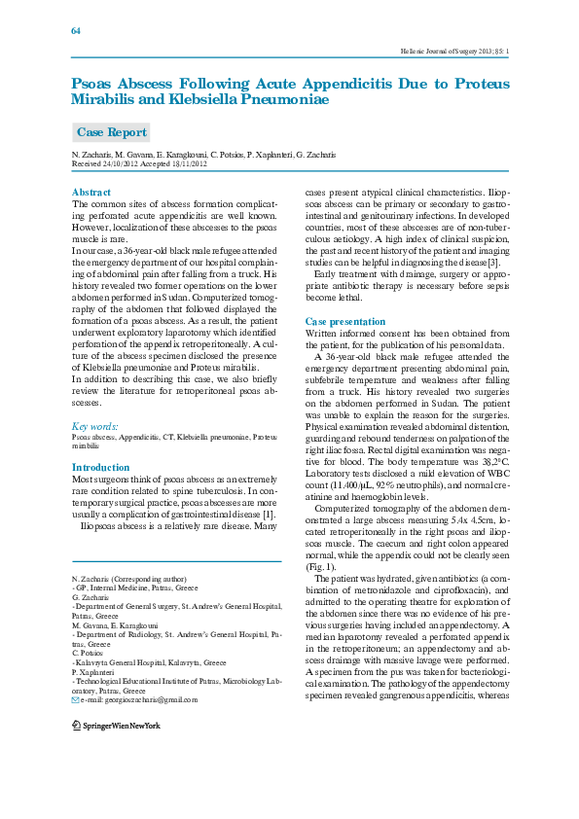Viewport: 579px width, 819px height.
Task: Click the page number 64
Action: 76,30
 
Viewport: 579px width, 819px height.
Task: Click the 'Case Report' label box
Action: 112,132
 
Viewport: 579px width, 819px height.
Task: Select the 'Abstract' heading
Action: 91,193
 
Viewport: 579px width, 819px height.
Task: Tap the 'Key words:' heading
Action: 95,426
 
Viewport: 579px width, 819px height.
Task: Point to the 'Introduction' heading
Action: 101,468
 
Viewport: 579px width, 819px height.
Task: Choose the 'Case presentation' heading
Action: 345,321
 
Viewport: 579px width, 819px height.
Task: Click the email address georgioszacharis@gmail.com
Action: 133,699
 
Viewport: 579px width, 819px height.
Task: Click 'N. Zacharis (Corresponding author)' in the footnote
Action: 129,578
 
